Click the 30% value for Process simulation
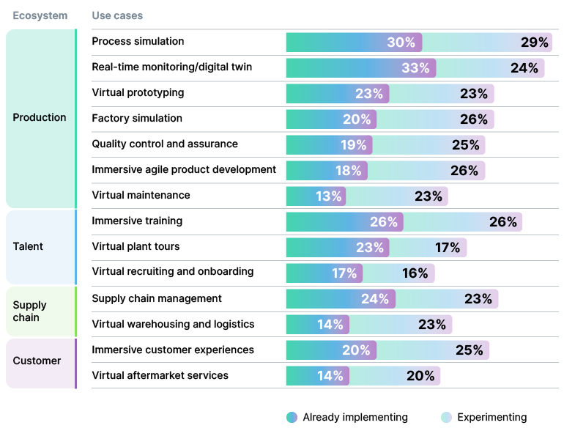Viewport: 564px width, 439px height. coord(401,43)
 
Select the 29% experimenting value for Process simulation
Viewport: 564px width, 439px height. coord(534,43)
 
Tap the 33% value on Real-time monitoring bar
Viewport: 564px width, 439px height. coord(415,68)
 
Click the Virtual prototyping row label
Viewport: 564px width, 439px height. coord(138,92)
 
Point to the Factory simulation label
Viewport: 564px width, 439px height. coord(137,118)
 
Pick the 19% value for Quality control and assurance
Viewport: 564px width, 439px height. coord(354,145)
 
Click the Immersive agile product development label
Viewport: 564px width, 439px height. coord(184,169)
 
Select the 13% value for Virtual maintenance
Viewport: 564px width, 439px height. coord(328,196)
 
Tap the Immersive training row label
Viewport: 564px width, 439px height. coord(137,221)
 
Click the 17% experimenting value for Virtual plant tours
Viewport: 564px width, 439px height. coord(447,248)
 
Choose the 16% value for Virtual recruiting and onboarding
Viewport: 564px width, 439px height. coord(415,273)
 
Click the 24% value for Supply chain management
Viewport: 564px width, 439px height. coord(374,299)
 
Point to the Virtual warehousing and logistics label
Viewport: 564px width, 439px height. coord(173,324)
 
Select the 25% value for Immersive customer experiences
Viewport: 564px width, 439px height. coord(469,350)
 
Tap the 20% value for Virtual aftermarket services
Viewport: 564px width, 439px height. coord(420,376)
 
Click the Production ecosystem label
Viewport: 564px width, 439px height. coord(40,117)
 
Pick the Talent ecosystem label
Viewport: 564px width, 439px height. coord(28,246)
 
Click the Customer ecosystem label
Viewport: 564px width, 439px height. coord(37,361)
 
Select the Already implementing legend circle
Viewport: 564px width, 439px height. coord(292,418)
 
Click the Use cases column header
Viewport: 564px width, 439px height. coord(117,15)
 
